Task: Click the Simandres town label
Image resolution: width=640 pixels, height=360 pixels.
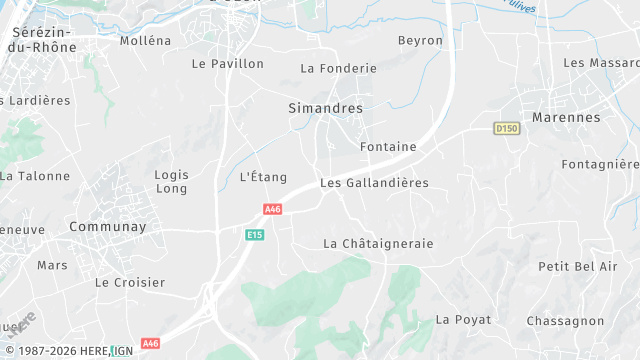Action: click(325, 107)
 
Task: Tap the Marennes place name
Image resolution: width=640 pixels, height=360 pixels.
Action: click(566, 117)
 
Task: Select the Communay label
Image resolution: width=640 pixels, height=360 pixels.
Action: click(107, 227)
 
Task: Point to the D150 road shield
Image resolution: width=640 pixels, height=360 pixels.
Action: click(508, 128)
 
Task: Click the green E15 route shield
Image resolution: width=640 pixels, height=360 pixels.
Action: click(255, 234)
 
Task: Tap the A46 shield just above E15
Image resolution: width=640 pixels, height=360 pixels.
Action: click(273, 209)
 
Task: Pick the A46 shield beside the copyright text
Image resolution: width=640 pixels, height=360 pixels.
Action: click(150, 343)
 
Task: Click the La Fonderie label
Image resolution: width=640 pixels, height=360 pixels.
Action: click(338, 69)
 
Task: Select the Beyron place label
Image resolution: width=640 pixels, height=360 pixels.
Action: click(420, 41)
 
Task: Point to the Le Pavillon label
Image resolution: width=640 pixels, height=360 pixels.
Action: click(227, 64)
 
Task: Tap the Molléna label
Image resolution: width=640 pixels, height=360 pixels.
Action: click(145, 41)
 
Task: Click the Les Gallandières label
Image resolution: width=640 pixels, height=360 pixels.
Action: click(374, 183)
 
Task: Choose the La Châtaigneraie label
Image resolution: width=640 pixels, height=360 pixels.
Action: click(378, 244)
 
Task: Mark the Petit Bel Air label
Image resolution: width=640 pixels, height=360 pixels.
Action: click(578, 266)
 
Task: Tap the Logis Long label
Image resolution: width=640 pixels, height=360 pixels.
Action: click(172, 181)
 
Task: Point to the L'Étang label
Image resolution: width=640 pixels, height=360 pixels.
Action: click(263, 177)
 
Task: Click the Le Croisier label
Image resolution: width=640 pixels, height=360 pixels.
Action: click(130, 283)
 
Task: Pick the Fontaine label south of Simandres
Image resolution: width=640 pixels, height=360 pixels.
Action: click(387, 147)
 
